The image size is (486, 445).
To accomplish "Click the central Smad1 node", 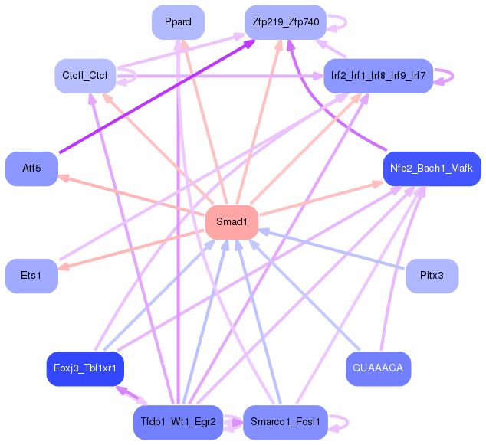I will click(232, 222).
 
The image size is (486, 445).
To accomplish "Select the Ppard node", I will click(178, 21).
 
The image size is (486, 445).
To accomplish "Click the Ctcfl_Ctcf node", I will click(84, 75).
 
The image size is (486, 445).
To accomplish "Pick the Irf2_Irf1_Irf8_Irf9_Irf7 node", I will click(378, 75).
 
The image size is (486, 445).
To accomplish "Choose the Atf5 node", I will click(31, 169).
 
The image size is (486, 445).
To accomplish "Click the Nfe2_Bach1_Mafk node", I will click(431, 169).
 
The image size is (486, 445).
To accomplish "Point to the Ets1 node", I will click(31, 275).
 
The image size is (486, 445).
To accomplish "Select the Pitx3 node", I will click(432, 275).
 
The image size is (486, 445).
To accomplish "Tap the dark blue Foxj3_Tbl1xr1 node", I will click(85, 368).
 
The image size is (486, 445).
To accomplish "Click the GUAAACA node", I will click(378, 368).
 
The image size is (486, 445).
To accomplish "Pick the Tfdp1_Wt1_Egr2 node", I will click(178, 422).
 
